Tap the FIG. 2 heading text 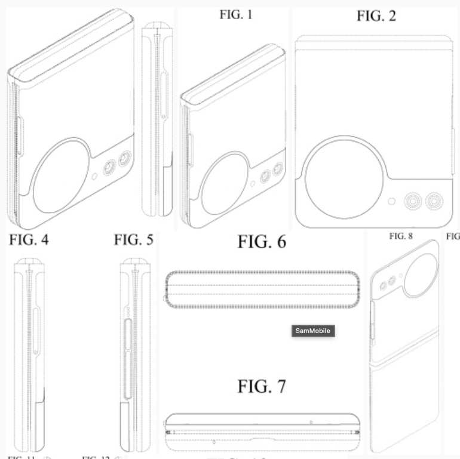(376, 16)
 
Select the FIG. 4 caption (29, 241)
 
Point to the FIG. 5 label (134, 241)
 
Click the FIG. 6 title (262, 242)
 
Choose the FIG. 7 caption (262, 386)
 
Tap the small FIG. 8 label (401, 236)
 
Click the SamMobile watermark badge (312, 331)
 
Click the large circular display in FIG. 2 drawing (341, 172)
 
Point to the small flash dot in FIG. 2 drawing (391, 201)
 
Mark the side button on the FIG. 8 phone (372, 316)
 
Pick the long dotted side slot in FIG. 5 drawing (125, 357)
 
